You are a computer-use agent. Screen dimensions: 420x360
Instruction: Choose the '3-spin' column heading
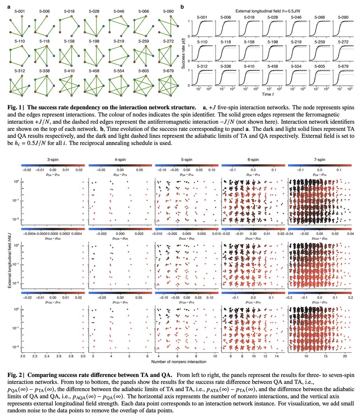click(x=52, y=160)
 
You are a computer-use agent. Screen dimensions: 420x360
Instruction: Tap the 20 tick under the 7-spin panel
click(x=345, y=355)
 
